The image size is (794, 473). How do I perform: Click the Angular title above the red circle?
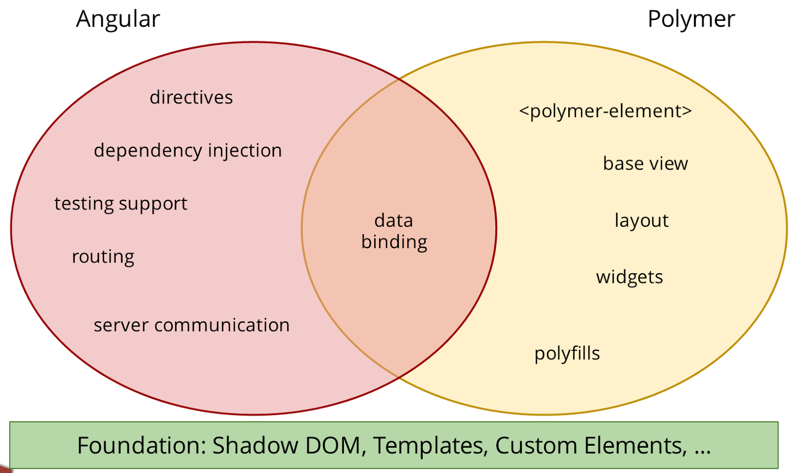tap(118, 19)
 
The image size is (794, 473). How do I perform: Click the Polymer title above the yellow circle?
tap(691, 19)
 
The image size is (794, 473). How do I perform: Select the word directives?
tap(191, 97)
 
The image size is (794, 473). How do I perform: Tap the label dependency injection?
tap(188, 151)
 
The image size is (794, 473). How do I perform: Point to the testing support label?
tap(121, 204)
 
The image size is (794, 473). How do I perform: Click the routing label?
tap(103, 257)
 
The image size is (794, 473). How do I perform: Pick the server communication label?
tap(192, 325)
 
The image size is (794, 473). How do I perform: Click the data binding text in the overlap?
tap(394, 231)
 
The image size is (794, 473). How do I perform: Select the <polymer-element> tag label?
tap(605, 112)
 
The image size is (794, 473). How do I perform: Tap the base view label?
tap(646, 163)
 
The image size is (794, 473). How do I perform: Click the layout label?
tap(642, 221)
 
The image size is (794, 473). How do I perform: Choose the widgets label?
tap(630, 277)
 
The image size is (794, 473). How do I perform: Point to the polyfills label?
tap(567, 354)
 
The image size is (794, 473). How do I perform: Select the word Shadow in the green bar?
tap(255, 445)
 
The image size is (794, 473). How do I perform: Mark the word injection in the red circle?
tap(245, 151)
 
